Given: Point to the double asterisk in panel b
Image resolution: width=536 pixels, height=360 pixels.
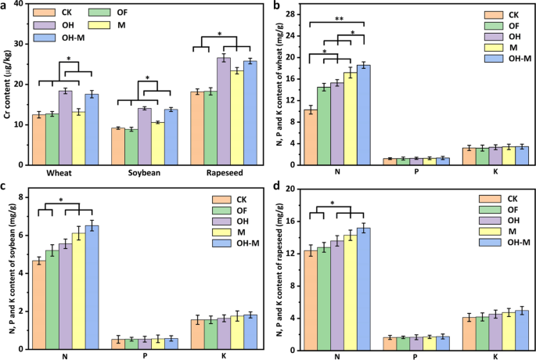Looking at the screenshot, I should click(x=337, y=18).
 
